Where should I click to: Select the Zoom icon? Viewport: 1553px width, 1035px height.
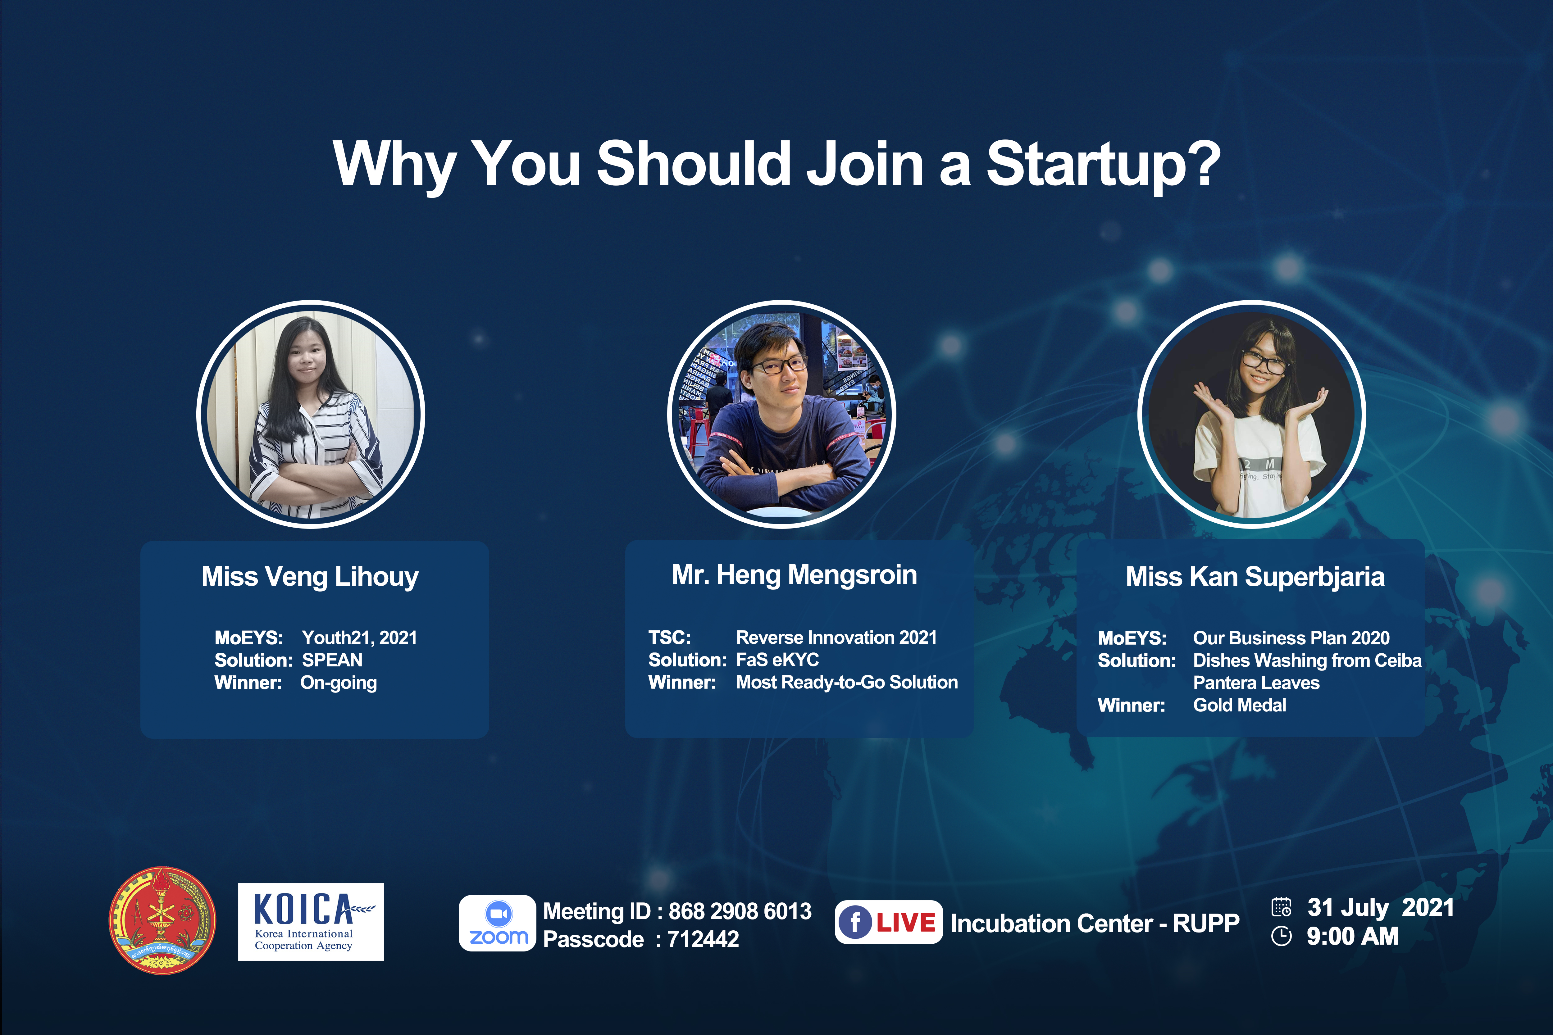(498, 923)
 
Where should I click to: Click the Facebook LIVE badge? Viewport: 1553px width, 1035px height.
(889, 922)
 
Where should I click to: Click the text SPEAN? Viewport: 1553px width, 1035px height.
(332, 660)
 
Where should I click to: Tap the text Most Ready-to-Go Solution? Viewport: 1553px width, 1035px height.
(846, 683)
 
